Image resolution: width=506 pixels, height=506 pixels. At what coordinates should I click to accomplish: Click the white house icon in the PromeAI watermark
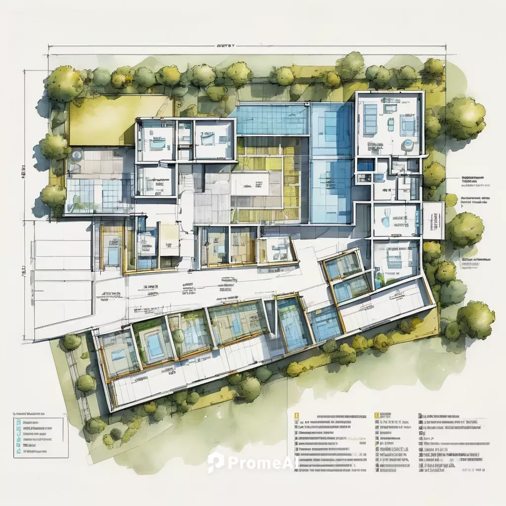point(215,463)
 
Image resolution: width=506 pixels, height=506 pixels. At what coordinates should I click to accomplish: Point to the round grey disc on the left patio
point(77,155)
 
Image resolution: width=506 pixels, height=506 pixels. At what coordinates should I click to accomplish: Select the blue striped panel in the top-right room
point(370,119)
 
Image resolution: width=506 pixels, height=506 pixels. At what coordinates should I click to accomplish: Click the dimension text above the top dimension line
point(226,45)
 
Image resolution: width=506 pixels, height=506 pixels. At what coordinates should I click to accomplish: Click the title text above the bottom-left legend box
point(30,412)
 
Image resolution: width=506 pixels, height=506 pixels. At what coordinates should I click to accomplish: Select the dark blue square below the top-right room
point(366,165)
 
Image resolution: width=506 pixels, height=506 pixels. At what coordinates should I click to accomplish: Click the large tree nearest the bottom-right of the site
point(475,319)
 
